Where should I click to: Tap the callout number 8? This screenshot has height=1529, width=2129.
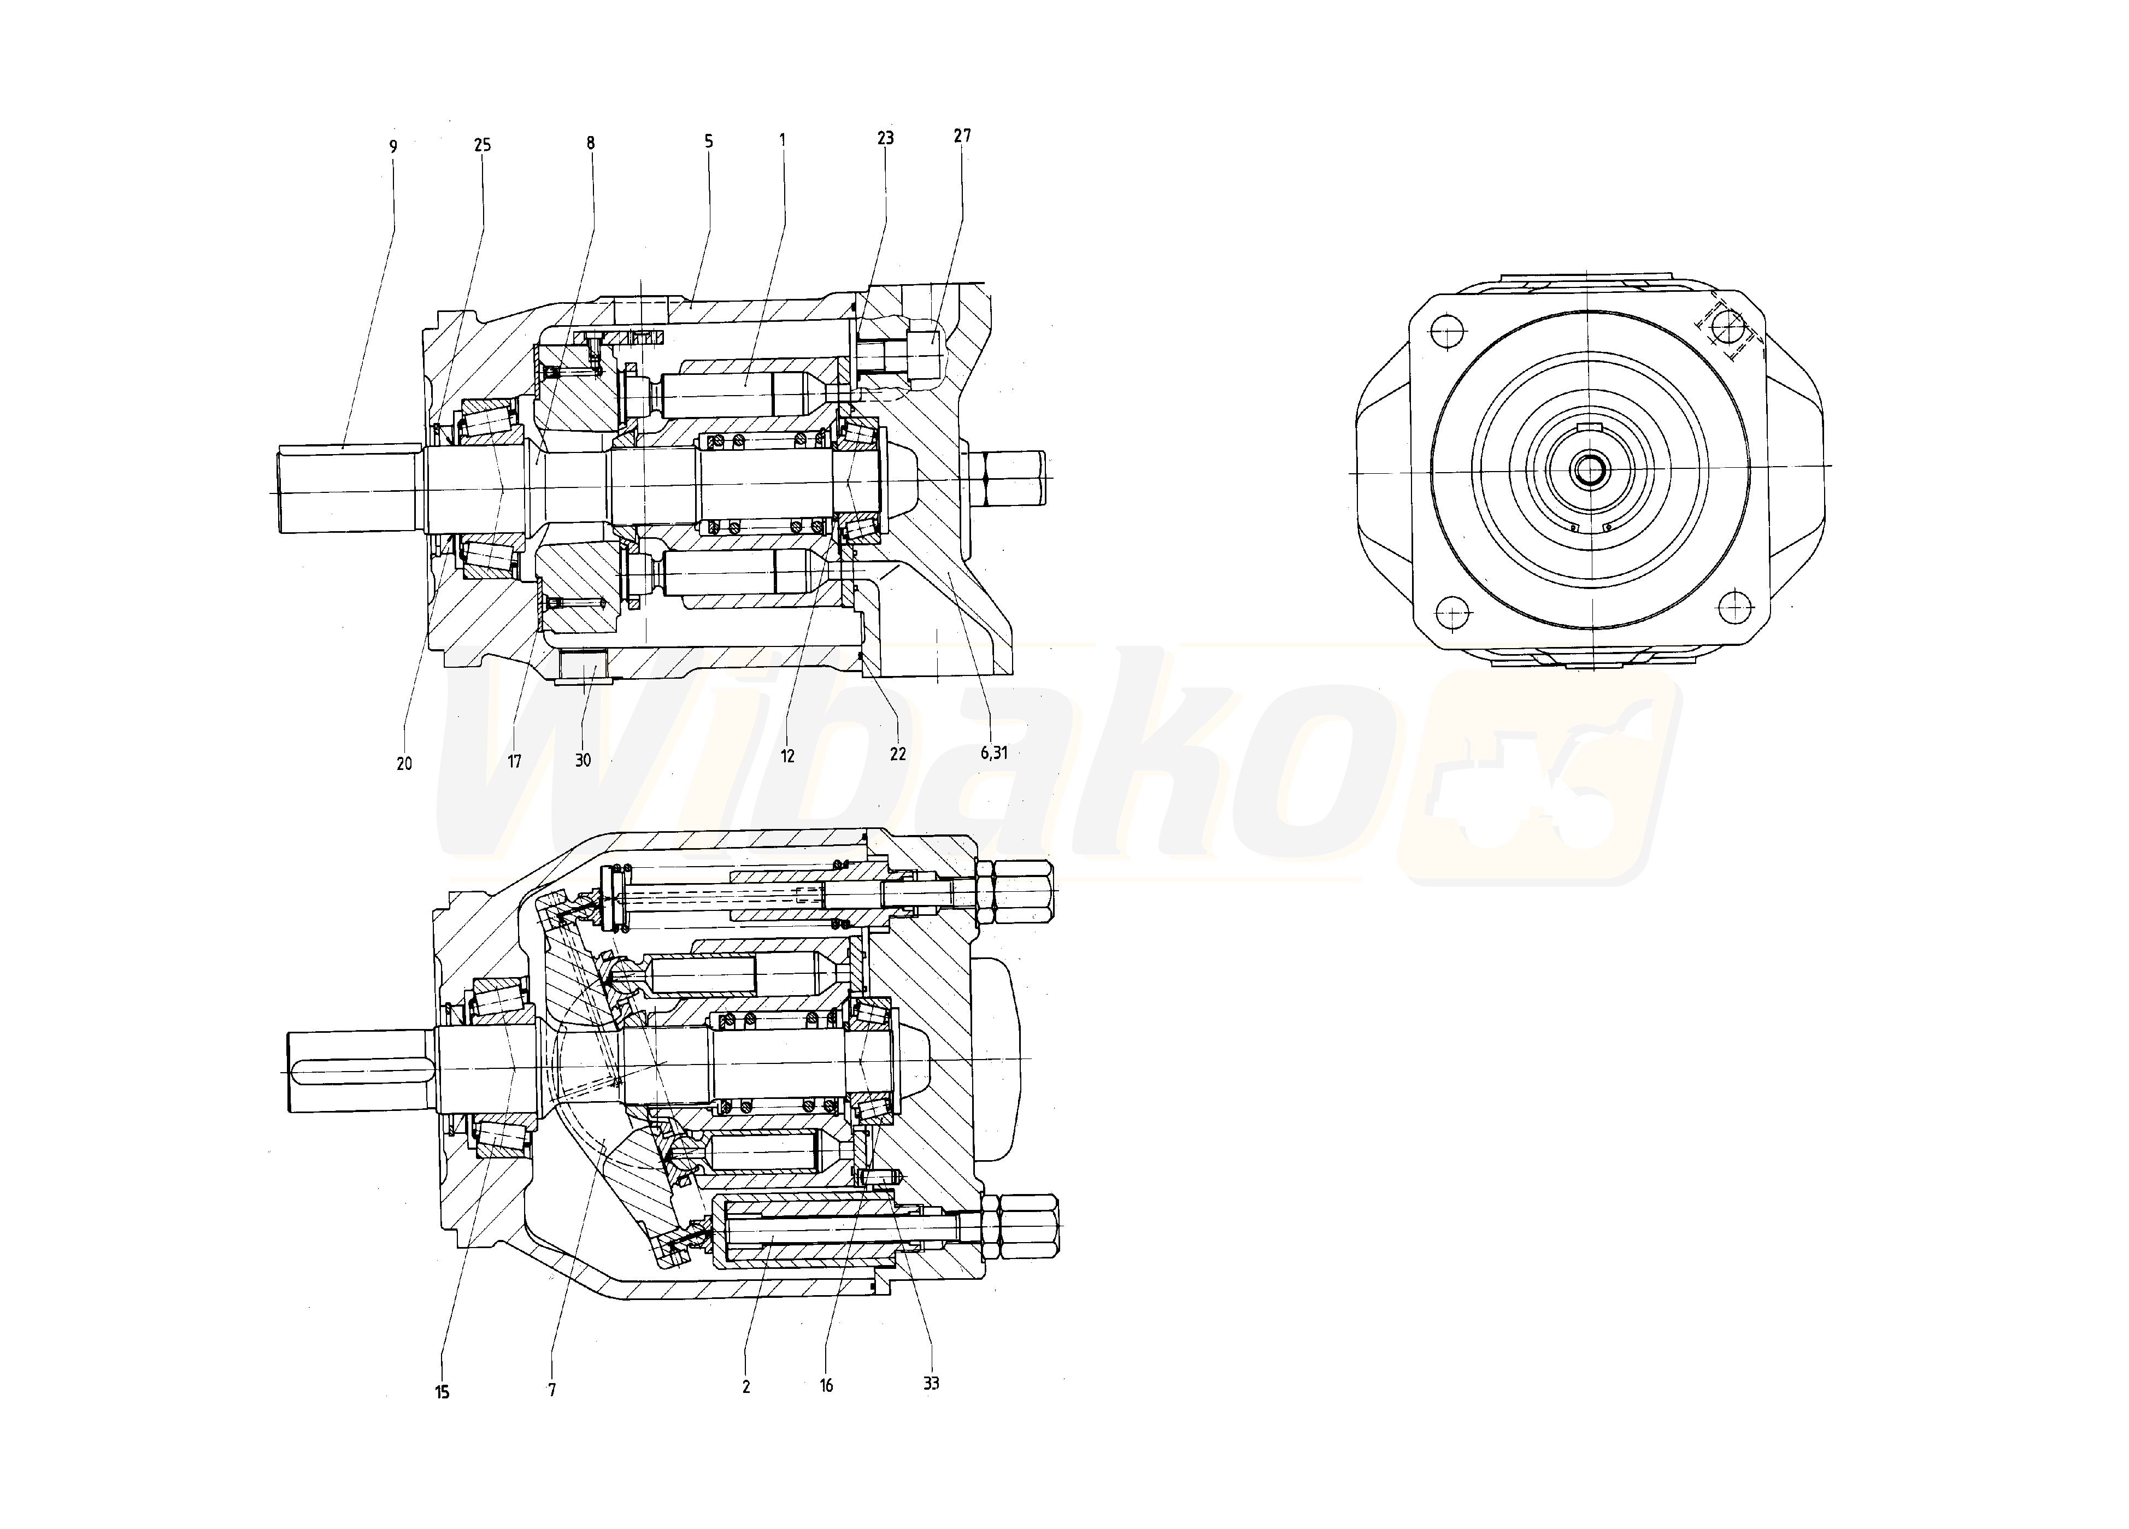pos(591,144)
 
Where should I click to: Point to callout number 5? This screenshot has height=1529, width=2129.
pos(709,142)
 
